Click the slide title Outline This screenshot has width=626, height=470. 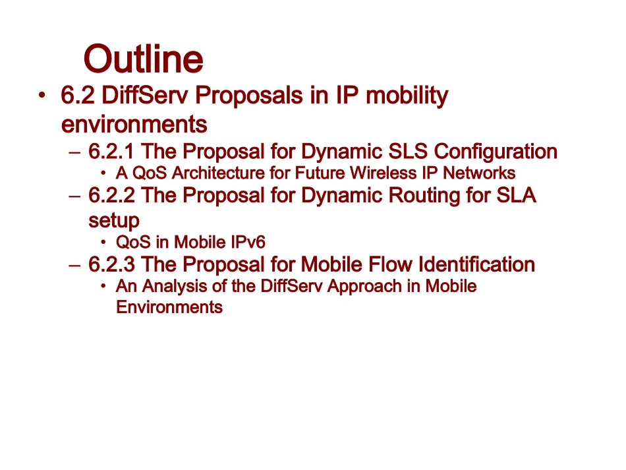[x=143, y=59]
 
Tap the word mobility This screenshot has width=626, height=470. [x=407, y=96]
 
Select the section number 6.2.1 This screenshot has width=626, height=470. [x=111, y=152]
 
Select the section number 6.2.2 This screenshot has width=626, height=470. [x=111, y=196]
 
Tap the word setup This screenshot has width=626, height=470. [x=113, y=220]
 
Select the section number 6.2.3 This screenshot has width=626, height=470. [x=111, y=265]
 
